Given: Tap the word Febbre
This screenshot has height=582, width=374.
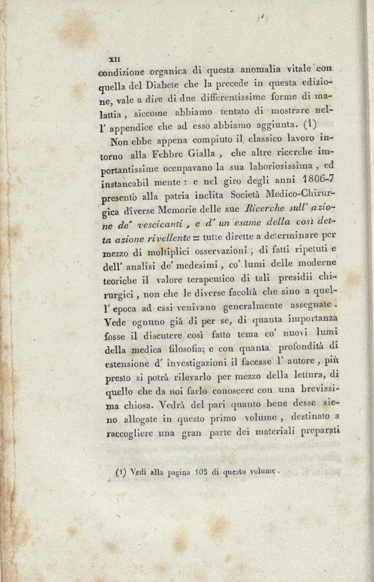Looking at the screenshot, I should tap(179, 154).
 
